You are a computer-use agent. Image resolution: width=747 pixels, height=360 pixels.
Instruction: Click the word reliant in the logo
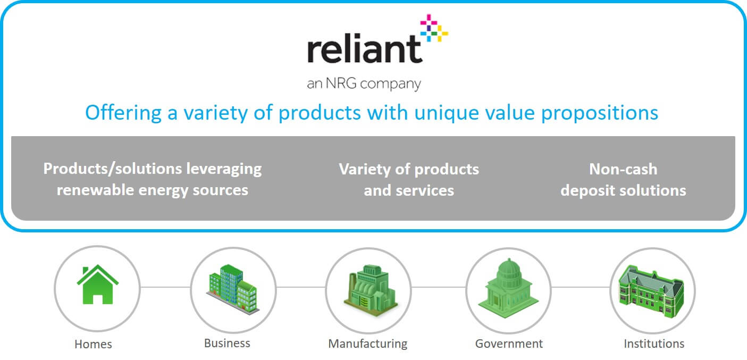365,48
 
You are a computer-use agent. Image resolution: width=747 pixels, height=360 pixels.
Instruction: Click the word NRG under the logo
341,83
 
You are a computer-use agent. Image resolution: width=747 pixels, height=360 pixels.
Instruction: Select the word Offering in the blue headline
123,113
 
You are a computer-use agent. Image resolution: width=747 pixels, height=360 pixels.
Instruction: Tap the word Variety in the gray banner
364,170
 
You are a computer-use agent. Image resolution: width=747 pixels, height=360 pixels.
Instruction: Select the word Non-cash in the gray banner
623,169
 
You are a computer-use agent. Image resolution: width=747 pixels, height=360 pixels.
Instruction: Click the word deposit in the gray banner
587,191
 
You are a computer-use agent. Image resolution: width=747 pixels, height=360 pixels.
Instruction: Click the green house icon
98,284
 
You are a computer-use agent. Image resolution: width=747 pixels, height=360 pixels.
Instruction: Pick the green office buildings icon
233,289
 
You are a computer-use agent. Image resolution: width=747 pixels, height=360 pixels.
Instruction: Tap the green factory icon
371,290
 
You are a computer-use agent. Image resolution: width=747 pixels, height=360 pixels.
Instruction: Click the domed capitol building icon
508,288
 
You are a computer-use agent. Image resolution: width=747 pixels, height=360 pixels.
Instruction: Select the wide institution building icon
651,291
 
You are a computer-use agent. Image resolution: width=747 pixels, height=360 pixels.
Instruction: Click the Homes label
93,344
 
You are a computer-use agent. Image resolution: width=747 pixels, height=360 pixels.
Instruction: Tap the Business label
227,343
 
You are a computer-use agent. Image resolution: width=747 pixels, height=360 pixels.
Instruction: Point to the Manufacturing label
368,344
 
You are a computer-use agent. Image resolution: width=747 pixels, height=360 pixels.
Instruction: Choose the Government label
509,344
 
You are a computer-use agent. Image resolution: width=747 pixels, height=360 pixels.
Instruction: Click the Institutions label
654,344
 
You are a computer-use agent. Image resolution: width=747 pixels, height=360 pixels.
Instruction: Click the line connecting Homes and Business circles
165,287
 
